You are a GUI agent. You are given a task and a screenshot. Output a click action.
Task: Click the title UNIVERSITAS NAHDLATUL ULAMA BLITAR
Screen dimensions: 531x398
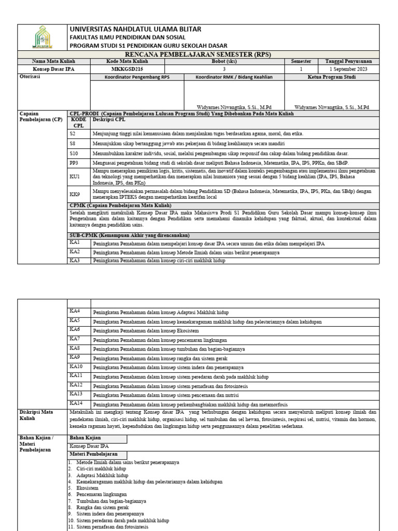coord(135,29)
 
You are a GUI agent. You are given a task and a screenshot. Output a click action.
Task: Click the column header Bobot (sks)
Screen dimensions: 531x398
coord(224,61)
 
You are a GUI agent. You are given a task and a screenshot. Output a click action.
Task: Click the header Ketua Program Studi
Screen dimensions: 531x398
coord(334,77)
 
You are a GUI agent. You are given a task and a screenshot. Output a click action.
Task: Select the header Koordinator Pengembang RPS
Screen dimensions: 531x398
coord(137,77)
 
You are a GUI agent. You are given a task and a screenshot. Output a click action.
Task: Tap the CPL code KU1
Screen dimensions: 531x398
coord(75,177)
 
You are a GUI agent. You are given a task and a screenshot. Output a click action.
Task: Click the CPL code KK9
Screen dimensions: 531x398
coord(75,194)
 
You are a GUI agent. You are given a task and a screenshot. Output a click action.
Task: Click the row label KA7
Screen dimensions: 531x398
coord(75,339)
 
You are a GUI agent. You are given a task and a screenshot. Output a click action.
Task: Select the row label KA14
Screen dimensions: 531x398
coord(76,403)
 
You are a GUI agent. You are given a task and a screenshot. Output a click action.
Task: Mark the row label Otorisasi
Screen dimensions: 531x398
coord(30,76)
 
